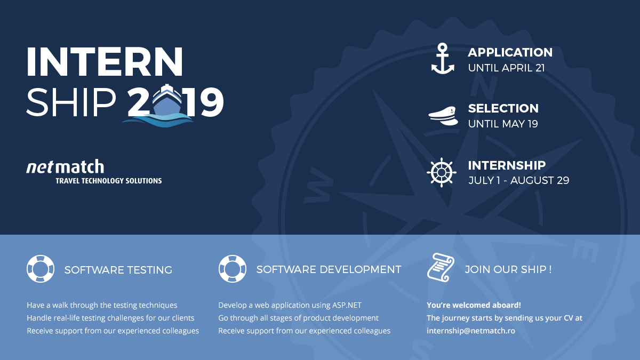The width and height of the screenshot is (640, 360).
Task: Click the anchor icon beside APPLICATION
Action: pos(443,59)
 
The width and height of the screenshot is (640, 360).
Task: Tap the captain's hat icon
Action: pos(443,116)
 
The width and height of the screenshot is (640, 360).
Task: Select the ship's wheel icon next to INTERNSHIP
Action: pos(442,173)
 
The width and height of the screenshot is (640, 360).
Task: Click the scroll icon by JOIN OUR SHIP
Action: pos(441,267)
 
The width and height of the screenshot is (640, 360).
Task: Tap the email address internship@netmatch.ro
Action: pos(471,331)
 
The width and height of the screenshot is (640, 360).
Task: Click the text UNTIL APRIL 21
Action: pos(506,68)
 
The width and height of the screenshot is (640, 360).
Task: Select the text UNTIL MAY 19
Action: pos(503,124)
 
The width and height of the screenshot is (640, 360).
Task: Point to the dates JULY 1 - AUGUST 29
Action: pos(518,181)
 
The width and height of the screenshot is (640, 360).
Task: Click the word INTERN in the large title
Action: pos(105,62)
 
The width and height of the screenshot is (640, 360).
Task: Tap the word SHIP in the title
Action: pos(71,102)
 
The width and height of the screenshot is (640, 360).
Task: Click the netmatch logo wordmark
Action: pos(65,166)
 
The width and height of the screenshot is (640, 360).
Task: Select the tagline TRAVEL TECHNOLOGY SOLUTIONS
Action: pos(109,181)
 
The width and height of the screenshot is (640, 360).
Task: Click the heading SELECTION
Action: pos(503,108)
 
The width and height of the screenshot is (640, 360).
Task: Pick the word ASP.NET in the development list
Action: pos(347,305)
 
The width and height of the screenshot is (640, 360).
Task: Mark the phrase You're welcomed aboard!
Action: pos(474,305)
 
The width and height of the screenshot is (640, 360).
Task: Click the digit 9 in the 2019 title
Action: pos(211,102)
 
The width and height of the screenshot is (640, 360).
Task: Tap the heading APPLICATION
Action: pos(510,52)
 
